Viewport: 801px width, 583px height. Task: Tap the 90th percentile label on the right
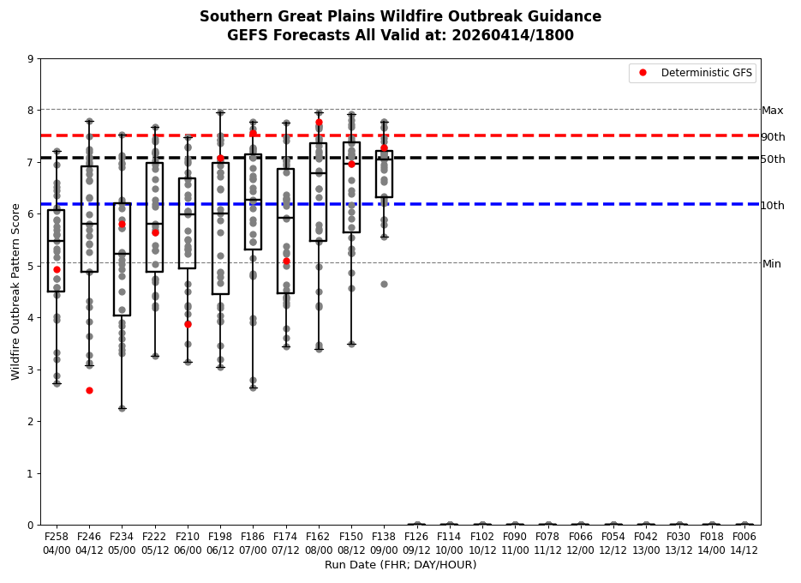pos(773,137)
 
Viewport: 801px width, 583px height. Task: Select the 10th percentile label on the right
pos(773,206)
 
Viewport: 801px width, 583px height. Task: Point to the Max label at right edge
pos(773,111)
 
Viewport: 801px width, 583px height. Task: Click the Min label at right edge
pos(772,264)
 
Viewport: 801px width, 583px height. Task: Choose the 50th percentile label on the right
pos(773,159)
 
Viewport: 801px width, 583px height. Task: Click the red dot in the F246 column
pos(89,390)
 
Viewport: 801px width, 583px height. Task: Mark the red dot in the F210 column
pos(188,324)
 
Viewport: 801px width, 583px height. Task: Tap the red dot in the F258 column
pos(57,269)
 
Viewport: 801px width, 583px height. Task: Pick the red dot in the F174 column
pos(286,261)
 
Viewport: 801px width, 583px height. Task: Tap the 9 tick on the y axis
pos(31,59)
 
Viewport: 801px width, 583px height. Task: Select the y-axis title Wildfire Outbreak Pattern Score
pos(16,291)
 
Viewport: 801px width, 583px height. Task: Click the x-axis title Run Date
pos(400,565)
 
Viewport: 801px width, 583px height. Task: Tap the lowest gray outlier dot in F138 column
pos(384,284)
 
